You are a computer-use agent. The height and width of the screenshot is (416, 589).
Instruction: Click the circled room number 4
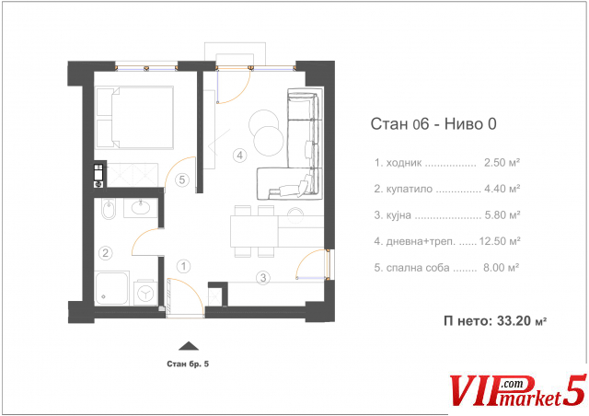coord(239,155)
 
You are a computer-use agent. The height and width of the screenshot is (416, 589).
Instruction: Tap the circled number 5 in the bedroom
coord(182,179)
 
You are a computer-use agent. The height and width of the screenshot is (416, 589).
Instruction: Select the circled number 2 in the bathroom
coord(106,252)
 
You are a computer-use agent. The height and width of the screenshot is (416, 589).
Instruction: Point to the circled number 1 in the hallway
coord(183,266)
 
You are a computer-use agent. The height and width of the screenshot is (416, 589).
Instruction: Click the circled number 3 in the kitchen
coord(263,278)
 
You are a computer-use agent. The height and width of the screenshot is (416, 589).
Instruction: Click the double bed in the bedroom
coord(135,117)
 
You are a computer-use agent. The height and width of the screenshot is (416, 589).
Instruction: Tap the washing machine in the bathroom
coord(145,293)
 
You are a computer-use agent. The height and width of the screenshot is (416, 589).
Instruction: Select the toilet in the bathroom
coord(109,209)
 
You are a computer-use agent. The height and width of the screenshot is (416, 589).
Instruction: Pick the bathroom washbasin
coord(141,208)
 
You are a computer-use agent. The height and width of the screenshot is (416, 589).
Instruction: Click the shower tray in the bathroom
coord(112,288)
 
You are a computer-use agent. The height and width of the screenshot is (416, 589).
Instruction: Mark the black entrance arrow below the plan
coord(188,346)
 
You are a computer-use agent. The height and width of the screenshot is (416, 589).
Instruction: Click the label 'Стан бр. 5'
coord(188,364)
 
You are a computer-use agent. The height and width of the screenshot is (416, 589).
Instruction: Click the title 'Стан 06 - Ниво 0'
coord(433,123)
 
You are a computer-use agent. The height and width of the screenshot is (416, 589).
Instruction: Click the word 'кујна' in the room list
coord(398,215)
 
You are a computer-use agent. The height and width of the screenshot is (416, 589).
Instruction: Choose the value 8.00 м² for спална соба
coord(501,268)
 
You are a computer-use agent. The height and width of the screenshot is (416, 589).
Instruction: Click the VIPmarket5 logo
coord(518,391)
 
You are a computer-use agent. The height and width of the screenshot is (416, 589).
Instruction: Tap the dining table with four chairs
coord(254,231)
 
